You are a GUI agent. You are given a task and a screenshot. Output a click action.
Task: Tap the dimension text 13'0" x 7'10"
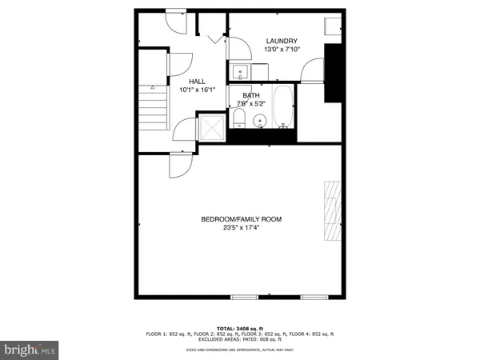[281, 50]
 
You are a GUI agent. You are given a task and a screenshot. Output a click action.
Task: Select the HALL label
[197, 82]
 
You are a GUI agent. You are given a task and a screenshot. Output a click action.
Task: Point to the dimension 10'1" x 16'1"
[197, 90]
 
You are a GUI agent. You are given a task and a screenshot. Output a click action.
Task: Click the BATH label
[251, 95]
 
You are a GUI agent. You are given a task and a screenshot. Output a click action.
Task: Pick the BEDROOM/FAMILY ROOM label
[241, 219]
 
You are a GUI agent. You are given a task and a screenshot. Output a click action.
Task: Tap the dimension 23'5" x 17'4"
[241, 228]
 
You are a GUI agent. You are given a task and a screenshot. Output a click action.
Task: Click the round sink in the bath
[258, 122]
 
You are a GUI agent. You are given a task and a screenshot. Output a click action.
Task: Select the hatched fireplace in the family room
[331, 212]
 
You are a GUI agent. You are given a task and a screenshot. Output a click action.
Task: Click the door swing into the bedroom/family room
[179, 166]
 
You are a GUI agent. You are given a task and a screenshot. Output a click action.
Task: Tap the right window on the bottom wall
[314, 297]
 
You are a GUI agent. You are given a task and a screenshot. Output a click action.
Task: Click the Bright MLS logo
[30, 350]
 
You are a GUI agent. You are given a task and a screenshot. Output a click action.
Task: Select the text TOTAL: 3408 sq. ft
[240, 328]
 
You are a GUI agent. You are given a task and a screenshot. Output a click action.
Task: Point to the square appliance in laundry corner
[334, 26]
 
